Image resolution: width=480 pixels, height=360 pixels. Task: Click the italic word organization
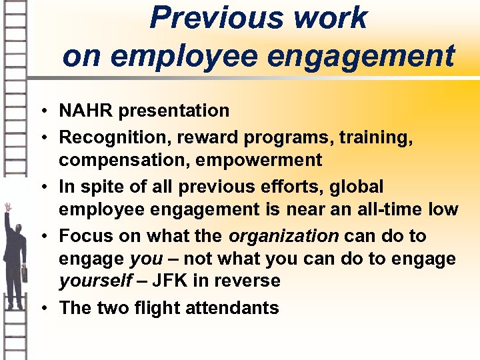[284, 235]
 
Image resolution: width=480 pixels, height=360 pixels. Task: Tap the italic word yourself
[96, 281]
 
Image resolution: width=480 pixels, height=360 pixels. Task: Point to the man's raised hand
[8, 207]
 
